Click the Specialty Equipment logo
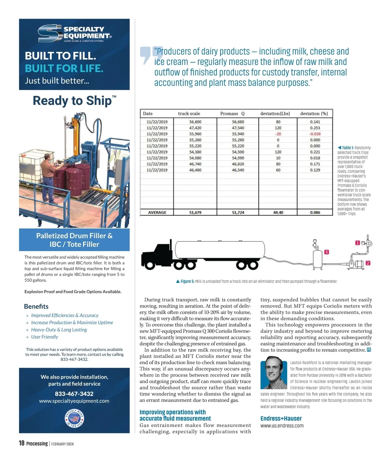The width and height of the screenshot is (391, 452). [x=74, y=34]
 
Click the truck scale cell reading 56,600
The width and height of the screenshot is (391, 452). [x=195, y=122]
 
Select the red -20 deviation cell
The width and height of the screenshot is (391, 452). [x=278, y=134]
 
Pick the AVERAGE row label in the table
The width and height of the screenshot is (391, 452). [x=157, y=212]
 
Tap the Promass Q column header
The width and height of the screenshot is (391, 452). [x=232, y=114]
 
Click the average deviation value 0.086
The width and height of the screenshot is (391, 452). [x=315, y=212]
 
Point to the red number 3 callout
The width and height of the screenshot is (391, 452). [x=326, y=252]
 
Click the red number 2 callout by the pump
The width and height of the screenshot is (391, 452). [x=368, y=263]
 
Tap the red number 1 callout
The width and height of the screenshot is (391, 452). [x=357, y=243]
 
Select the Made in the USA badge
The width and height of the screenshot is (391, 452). [x=74, y=418]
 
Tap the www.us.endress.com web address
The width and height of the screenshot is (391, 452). [x=282, y=426]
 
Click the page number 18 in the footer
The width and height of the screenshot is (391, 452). [x=22, y=443]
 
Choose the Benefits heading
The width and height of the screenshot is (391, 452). [x=36, y=306]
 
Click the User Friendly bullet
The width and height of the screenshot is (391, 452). [x=45, y=337]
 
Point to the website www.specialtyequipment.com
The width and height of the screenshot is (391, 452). [x=74, y=401]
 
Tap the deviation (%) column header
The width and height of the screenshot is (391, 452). [x=314, y=114]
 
